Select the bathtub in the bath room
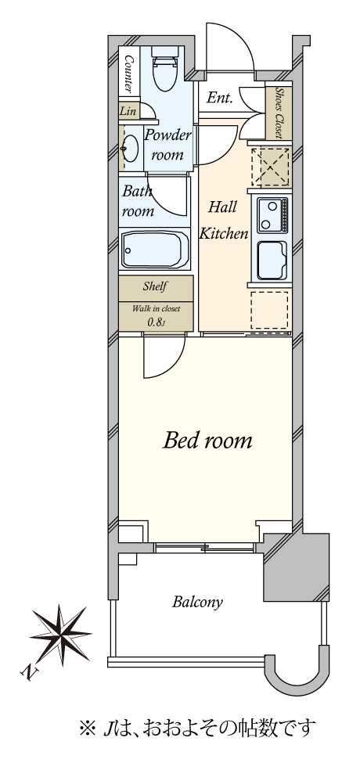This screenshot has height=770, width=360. point(155,250)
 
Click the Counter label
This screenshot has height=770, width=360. point(129,74)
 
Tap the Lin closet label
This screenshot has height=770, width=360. point(128,111)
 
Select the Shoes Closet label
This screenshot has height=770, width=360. point(279,113)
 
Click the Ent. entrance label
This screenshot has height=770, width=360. point(219,98)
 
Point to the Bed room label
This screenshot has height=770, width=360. point(207,441)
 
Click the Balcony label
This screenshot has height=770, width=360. point(197,602)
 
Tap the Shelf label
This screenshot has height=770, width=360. point(156,286)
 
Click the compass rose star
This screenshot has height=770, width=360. point(60,635)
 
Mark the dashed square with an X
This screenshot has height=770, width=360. point(270,167)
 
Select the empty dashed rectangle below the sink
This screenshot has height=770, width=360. point(269,311)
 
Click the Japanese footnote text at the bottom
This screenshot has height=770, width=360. point(196,728)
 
